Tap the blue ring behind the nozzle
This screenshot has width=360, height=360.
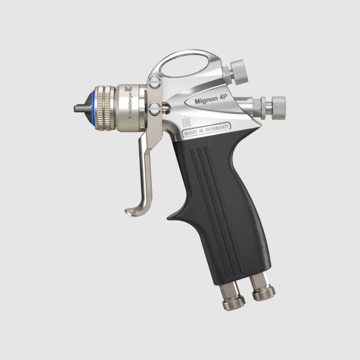click(96, 108)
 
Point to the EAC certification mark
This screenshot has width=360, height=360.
click(187, 123)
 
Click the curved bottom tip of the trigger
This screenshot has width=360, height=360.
click(132, 211)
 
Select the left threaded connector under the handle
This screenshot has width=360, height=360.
click(230, 298)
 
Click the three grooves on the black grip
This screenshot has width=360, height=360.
click(217, 203)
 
